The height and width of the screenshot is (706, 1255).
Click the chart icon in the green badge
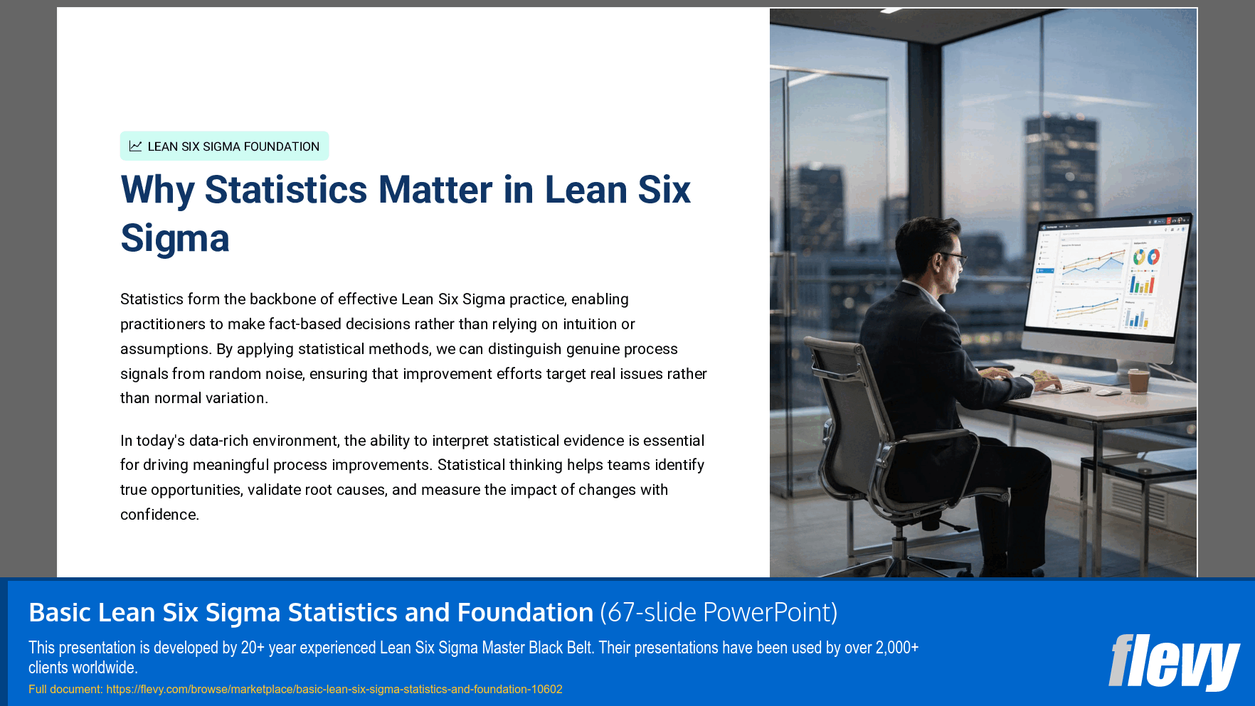coord(135,146)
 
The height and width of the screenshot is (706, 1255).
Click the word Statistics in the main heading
coord(286,191)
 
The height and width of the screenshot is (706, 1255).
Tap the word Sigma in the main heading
coord(175,238)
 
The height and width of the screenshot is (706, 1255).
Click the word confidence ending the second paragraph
coord(158,515)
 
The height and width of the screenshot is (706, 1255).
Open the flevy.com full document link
coord(334,689)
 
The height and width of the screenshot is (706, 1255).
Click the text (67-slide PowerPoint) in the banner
coord(719,612)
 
